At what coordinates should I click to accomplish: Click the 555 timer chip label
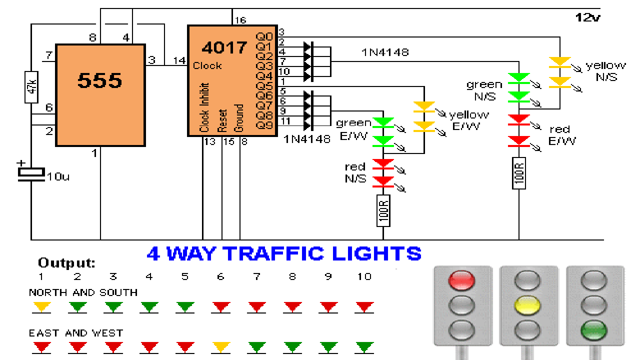(99, 80)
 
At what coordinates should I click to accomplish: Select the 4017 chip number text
(224, 48)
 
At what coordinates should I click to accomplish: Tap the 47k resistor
(31, 87)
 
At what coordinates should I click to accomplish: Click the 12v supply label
(587, 18)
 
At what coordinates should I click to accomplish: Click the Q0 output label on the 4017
(264, 36)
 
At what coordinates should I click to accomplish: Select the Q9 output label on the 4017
(264, 125)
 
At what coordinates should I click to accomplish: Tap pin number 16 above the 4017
(240, 20)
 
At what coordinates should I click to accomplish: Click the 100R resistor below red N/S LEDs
(383, 210)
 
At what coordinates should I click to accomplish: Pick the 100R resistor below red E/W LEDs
(519, 173)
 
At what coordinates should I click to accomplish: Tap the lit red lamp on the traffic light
(462, 280)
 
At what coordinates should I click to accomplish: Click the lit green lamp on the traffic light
(594, 330)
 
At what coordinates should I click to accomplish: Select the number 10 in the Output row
(364, 276)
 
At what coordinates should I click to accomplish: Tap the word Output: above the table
(66, 263)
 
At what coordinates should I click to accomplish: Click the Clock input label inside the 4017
(207, 66)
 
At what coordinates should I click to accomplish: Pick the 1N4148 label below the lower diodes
(306, 139)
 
